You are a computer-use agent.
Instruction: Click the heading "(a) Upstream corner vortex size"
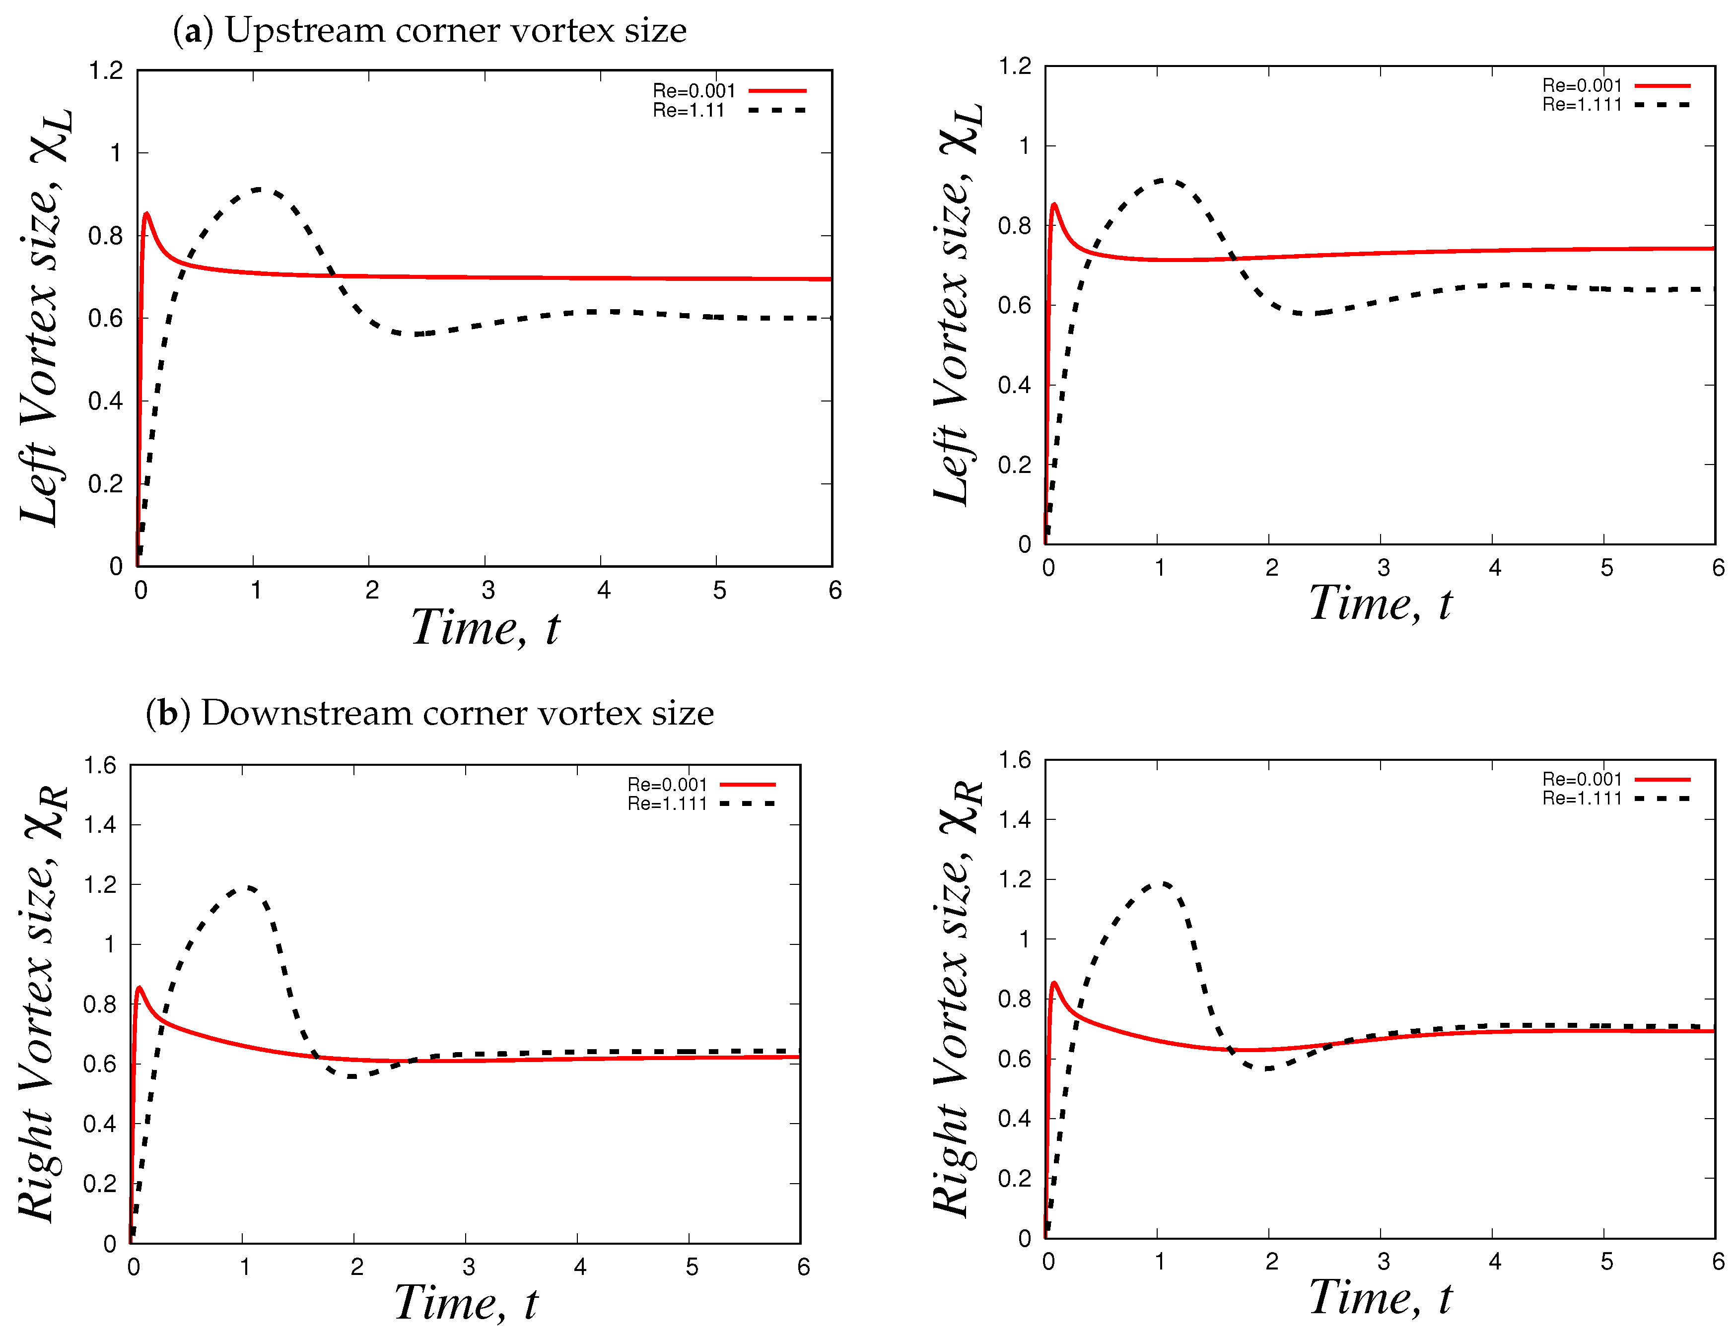pyautogui.click(x=429, y=30)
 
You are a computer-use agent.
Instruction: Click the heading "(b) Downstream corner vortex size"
pyautogui.click(x=429, y=713)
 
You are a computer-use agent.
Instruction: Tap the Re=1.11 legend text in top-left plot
pyautogui.click(x=689, y=111)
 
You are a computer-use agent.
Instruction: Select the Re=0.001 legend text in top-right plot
pyautogui.click(x=1581, y=85)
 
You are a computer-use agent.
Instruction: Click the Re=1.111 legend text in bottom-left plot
pyautogui.click(x=667, y=803)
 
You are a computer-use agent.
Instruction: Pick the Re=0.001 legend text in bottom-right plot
pyautogui.click(x=1581, y=779)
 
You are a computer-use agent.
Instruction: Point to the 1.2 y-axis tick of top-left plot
pyautogui.click(x=106, y=71)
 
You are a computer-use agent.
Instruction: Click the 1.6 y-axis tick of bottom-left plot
pyautogui.click(x=100, y=765)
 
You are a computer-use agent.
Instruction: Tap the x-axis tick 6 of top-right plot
pyautogui.click(x=1718, y=567)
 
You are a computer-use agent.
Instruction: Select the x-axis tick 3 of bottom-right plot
pyautogui.click(x=1383, y=1261)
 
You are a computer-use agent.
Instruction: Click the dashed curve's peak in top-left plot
pyautogui.click(x=258, y=189)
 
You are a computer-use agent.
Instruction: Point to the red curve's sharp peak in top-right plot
pyautogui.click(x=1054, y=205)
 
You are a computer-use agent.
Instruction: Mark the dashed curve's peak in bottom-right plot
pyautogui.click(x=1161, y=882)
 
